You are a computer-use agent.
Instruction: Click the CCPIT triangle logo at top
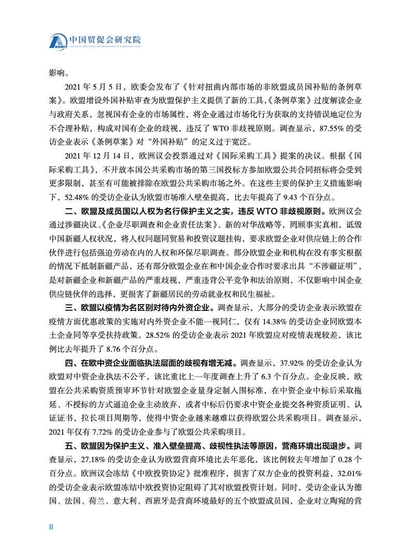(59, 41)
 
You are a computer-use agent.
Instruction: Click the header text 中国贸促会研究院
(103, 39)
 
